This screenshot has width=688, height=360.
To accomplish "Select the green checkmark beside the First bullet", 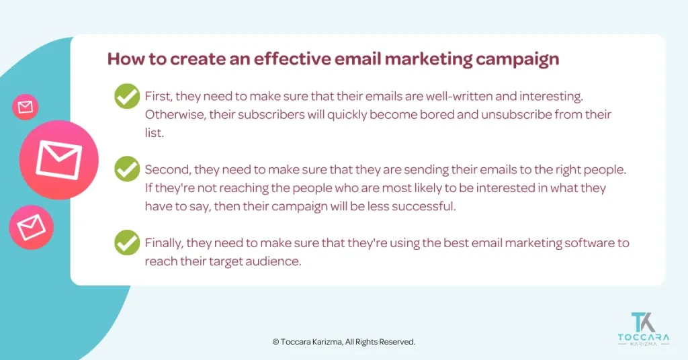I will pos(127,97).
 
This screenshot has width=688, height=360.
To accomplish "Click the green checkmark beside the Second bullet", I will pos(127,169).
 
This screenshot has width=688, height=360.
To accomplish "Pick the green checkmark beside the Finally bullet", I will pos(127,242).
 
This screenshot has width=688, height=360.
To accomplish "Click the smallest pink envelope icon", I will pos(26,107).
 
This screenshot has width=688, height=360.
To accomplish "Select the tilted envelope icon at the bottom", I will pos(31,228).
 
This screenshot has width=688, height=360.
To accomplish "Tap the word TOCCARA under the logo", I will pos(644,339).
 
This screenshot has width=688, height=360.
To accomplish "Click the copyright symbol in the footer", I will pos(275,342).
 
